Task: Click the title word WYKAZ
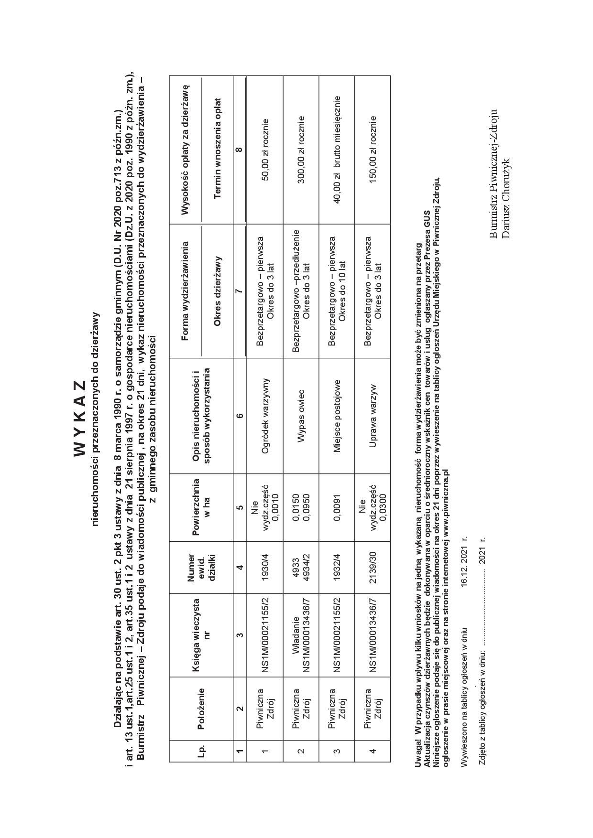[x=80, y=419]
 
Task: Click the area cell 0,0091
[x=337, y=507]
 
